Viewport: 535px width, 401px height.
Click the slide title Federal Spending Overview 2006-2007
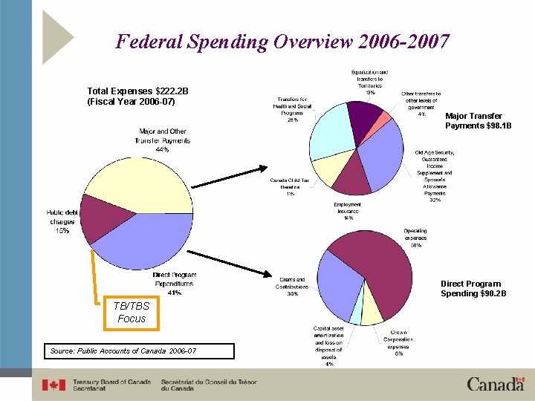pos(282,41)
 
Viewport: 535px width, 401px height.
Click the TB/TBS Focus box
pos(132,312)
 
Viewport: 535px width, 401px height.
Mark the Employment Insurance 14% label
pos(347,212)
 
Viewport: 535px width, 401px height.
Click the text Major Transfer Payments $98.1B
pos(473,121)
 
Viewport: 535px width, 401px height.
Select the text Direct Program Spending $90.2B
pos(473,289)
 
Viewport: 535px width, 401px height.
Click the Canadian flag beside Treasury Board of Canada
pos(53,385)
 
